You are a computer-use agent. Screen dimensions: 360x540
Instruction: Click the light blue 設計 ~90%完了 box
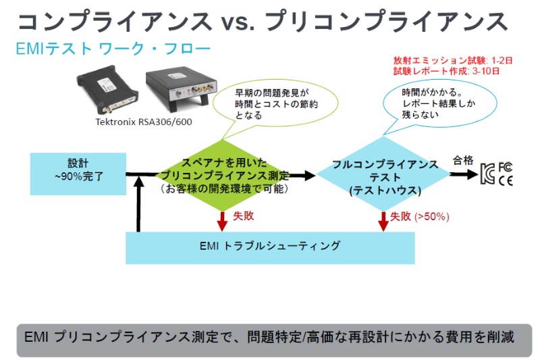(78, 172)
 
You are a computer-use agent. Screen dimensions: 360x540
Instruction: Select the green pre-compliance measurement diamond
(225, 175)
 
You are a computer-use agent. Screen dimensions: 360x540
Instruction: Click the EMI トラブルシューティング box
(270, 247)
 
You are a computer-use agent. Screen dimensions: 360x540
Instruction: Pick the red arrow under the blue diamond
(383, 220)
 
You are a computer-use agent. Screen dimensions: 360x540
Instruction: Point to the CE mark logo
(505, 180)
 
